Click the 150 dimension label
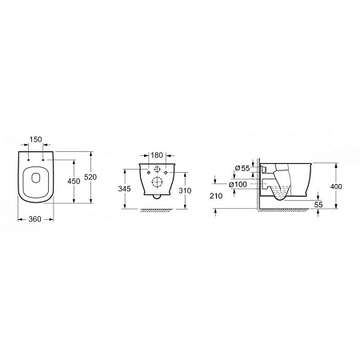[x=36, y=139]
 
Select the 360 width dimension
[x=34, y=219]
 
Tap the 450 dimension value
[x=74, y=181]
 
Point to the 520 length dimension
[x=90, y=177]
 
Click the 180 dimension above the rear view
[x=157, y=155]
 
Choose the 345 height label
[x=125, y=189]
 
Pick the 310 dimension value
[x=185, y=190]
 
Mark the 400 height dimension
[x=336, y=186]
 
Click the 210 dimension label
[x=216, y=196]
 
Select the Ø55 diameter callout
[x=242, y=168]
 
